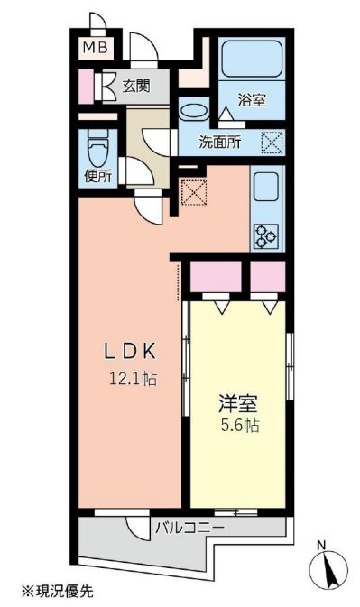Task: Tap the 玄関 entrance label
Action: pos(137,87)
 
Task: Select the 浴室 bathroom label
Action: pos(252,101)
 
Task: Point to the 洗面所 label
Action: pos(219,143)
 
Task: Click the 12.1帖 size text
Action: pos(133,379)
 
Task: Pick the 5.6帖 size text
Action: pos(239,426)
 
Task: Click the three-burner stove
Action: pos(267,236)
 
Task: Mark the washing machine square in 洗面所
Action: pos(272,142)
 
